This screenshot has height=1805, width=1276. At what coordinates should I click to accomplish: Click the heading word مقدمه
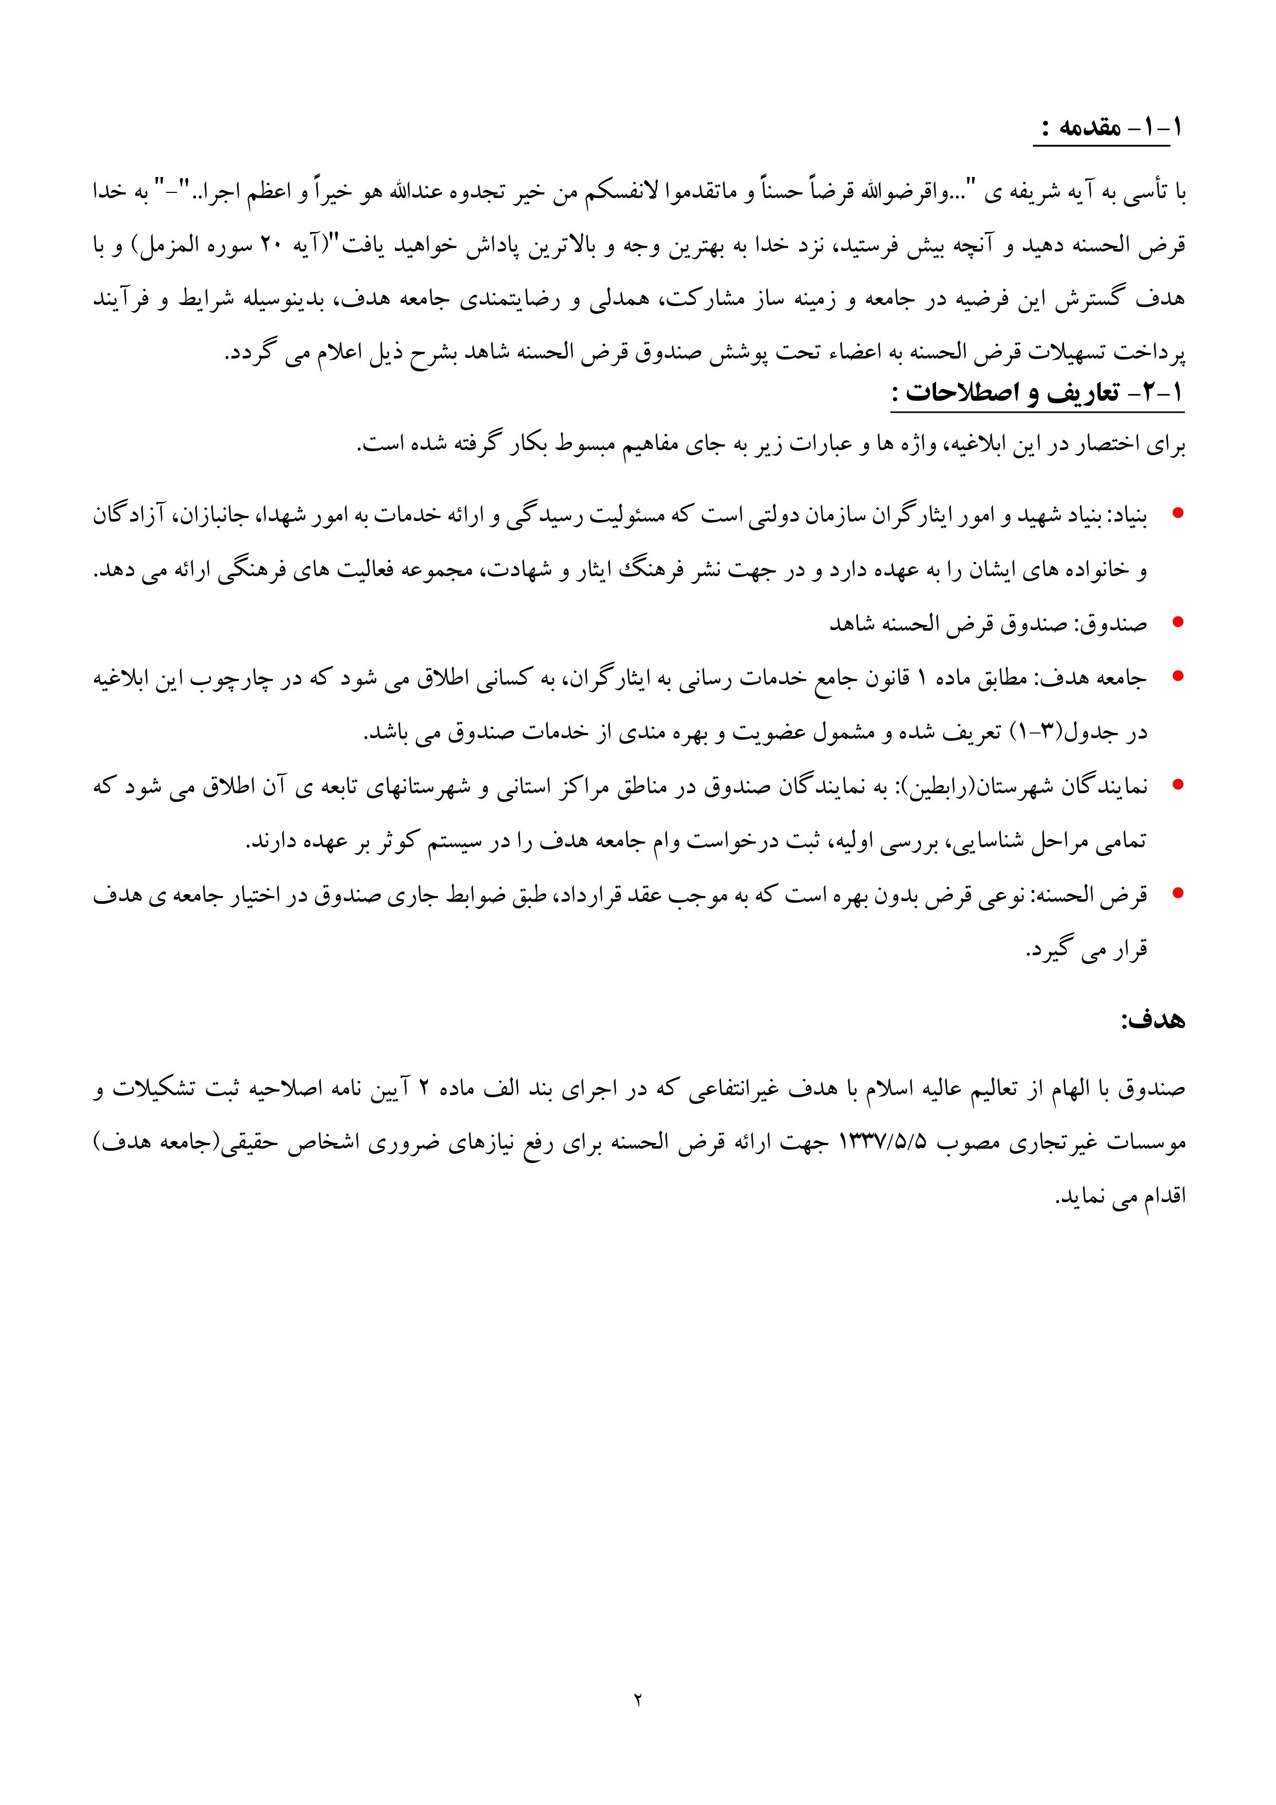click(x=1089, y=128)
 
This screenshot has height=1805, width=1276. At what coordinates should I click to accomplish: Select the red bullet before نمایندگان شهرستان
click(x=1177, y=784)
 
